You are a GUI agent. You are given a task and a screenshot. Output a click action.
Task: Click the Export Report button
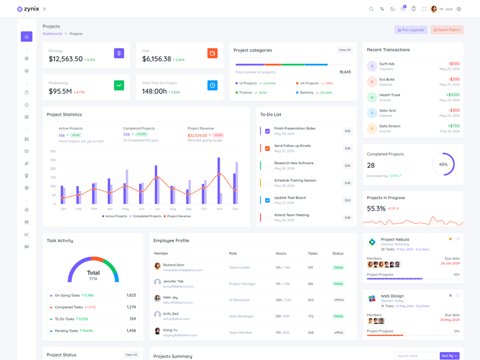pyautogui.click(x=447, y=30)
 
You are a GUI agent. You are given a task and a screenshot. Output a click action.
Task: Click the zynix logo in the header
pyautogui.click(x=28, y=9)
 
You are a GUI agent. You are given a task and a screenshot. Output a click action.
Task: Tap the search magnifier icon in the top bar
pyautogui.click(x=371, y=9)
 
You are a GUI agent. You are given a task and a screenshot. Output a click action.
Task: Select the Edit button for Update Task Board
pyautogui.click(x=347, y=200)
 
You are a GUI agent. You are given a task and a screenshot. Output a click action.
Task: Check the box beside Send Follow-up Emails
pyautogui.click(x=268, y=148)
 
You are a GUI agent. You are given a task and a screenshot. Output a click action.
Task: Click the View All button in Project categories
pyautogui.click(x=344, y=50)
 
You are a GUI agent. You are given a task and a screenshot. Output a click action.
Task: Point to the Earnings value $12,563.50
pyautogui.click(x=66, y=59)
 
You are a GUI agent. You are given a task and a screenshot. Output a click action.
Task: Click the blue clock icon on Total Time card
pyautogui.click(x=212, y=85)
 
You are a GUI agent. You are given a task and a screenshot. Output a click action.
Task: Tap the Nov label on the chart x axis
pyautogui.click(x=220, y=209)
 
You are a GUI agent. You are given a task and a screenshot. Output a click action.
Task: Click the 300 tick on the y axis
pyautogui.click(x=53, y=151)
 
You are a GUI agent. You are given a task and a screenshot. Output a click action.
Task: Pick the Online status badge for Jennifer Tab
pyautogui.click(x=338, y=284)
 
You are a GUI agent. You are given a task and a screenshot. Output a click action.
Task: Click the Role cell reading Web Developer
pyautogui.click(x=241, y=316)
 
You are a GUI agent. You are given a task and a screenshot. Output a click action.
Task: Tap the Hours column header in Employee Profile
pyautogui.click(x=281, y=253)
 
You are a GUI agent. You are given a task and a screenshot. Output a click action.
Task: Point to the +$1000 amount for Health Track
pyautogui.click(x=452, y=95)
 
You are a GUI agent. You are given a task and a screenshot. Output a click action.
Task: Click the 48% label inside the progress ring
pyautogui.click(x=443, y=164)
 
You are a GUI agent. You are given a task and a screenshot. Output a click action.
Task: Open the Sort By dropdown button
pyautogui.click(x=449, y=356)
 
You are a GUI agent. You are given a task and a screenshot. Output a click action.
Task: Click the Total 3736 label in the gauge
pyautogui.click(x=93, y=274)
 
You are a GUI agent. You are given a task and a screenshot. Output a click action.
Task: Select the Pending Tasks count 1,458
pyautogui.click(x=131, y=331)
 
